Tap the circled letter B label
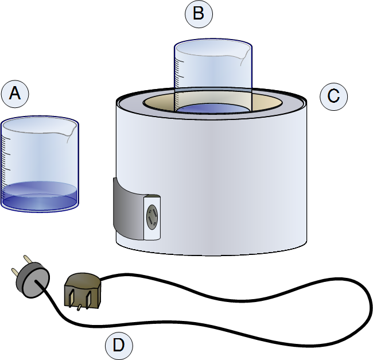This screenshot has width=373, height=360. pos(199,14)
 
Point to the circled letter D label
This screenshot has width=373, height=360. pos(119,345)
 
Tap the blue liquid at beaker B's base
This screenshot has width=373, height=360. pos(212,109)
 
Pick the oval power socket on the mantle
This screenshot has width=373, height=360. pos(153,218)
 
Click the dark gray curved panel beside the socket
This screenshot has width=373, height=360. pos(126,210)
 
